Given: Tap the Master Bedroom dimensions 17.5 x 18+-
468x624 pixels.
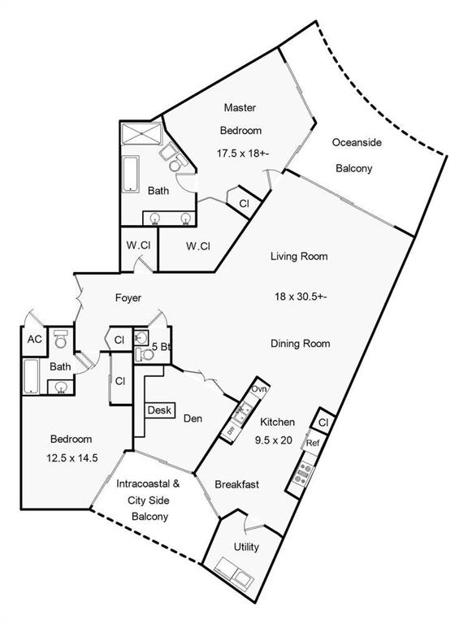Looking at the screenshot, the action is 244,153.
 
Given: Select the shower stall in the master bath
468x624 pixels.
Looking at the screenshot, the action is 141,134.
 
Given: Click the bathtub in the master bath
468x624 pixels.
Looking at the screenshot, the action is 131,174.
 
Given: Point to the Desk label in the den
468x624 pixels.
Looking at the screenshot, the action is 159,409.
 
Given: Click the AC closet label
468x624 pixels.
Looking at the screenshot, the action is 35,340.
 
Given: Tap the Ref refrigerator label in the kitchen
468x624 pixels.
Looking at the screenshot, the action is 313,443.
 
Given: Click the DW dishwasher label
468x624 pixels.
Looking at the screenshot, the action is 231,430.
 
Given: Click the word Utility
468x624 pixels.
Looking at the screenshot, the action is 246,547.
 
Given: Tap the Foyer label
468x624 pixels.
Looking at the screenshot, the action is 128,297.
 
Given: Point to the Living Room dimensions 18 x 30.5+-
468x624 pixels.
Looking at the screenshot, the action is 301,297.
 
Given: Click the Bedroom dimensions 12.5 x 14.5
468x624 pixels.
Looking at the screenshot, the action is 72,458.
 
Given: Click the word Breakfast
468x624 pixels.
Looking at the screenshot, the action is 236,484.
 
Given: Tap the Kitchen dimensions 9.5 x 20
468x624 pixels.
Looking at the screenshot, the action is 274,440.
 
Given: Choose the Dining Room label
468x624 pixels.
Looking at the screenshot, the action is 301,344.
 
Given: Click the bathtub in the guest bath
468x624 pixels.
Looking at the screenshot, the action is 31,376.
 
